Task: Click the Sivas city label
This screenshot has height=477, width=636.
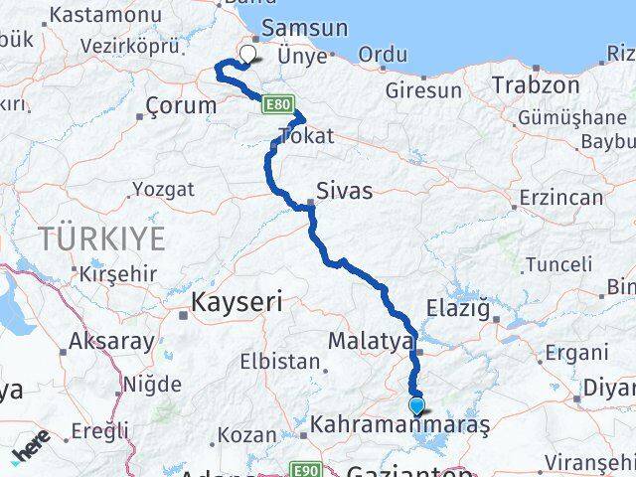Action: pos(344,190)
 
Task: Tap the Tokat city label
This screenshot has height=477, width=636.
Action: pos(307,136)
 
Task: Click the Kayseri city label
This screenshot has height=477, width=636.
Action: pos(238,298)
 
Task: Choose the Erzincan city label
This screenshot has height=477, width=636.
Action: pos(560,197)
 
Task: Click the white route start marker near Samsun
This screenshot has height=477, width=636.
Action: pos(247,56)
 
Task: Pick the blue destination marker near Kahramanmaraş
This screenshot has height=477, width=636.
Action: pos(416,405)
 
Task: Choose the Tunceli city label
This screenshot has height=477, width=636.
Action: pos(558,264)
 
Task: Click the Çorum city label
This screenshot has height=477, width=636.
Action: pos(181,105)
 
